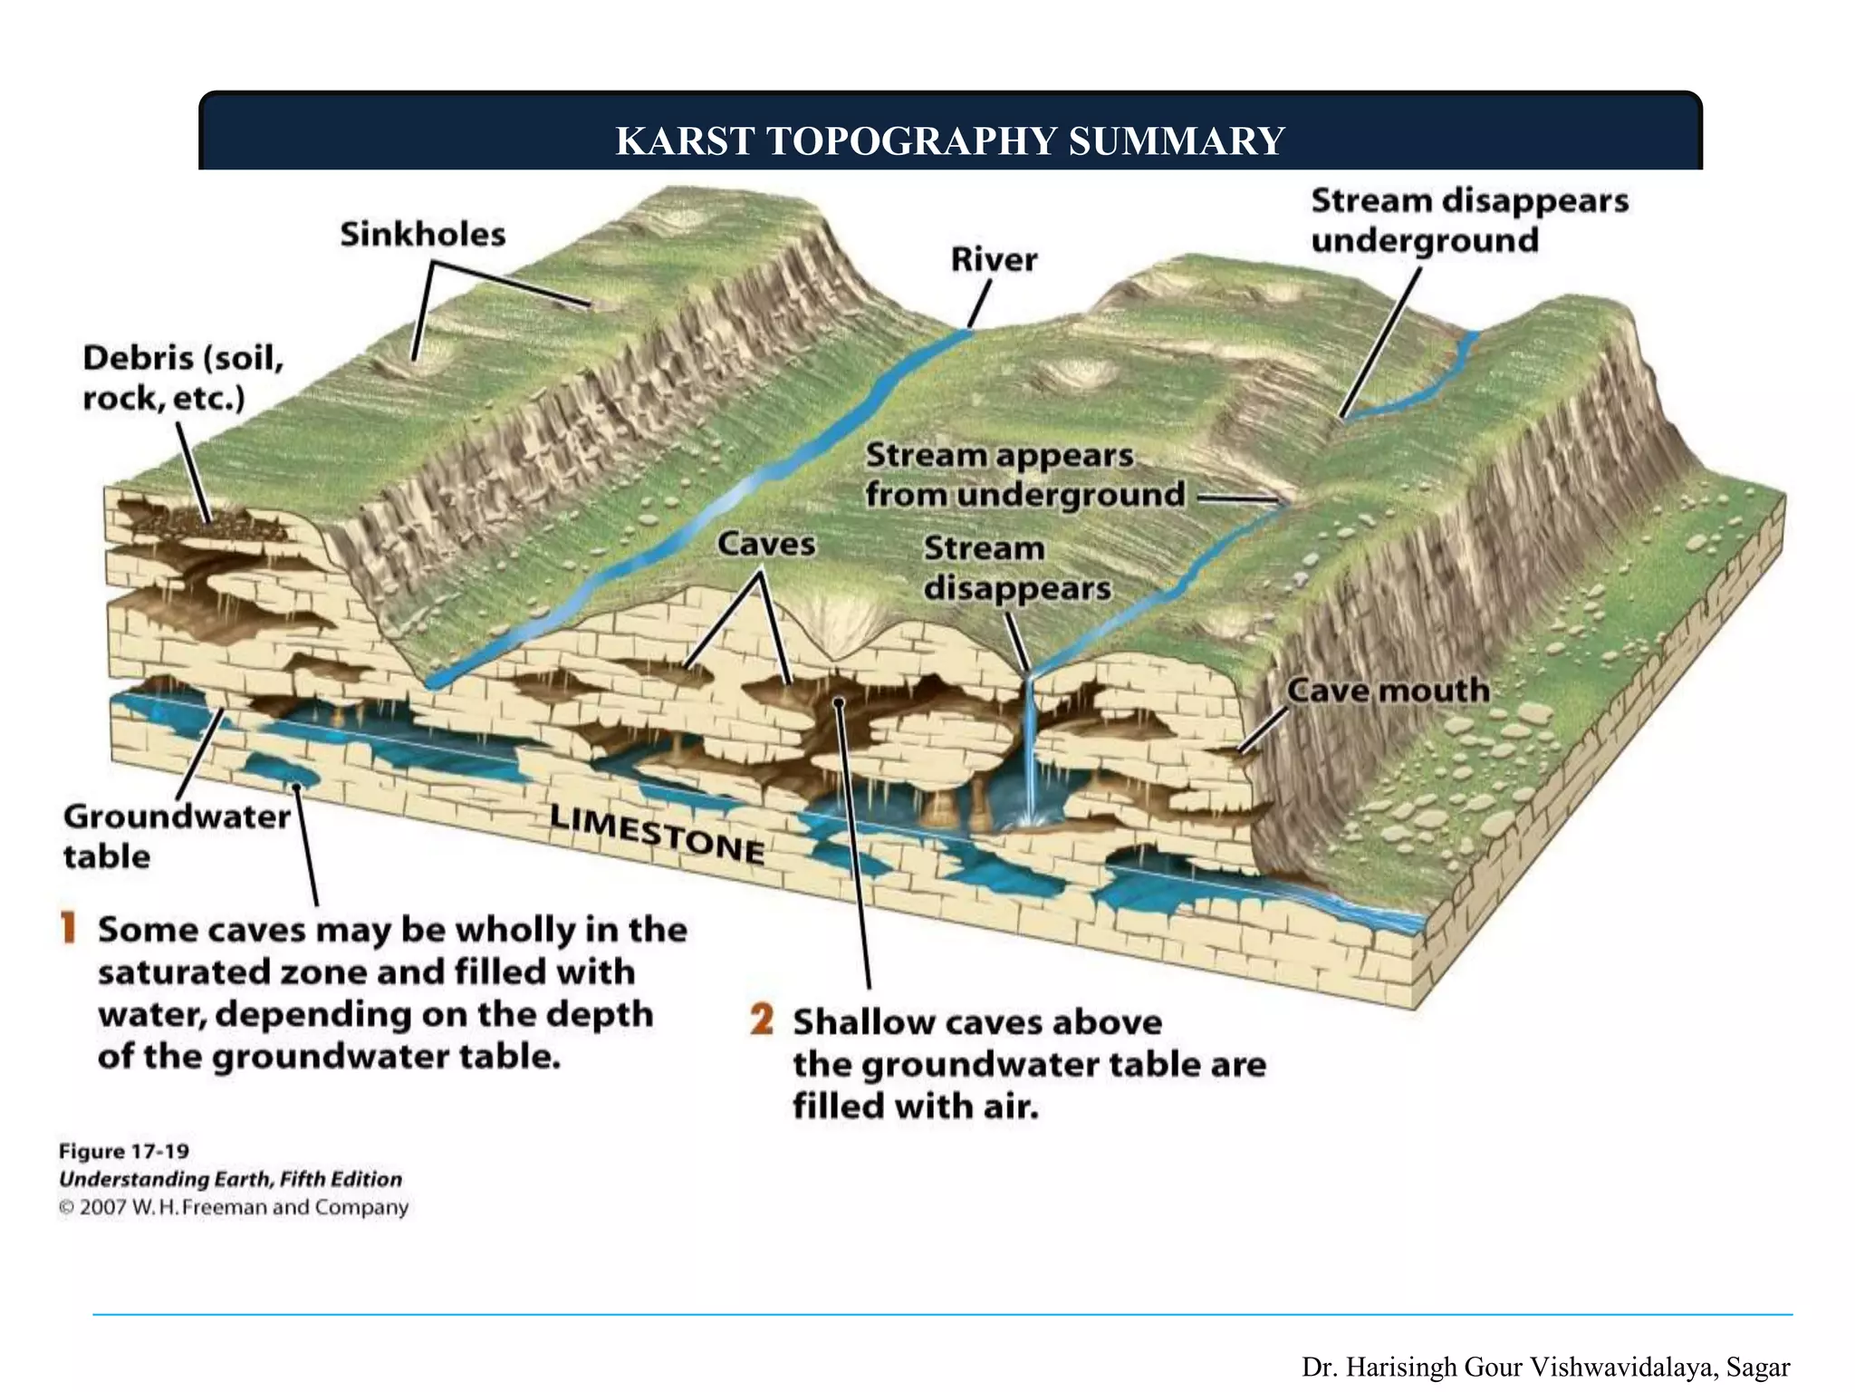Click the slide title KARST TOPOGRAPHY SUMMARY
(950, 141)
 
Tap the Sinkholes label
(423, 235)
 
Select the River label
(994, 260)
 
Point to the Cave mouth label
(1389, 691)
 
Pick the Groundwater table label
(177, 836)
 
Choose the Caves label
(766, 544)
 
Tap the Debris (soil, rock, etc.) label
(183, 378)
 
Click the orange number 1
(68, 929)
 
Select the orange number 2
(762, 1020)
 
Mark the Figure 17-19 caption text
(124, 1152)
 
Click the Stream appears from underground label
(1024, 475)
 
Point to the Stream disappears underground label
(1469, 220)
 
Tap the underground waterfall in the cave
(1030, 752)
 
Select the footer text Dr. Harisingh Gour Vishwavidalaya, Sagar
(1545, 1367)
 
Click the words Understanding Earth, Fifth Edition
(230, 1180)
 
